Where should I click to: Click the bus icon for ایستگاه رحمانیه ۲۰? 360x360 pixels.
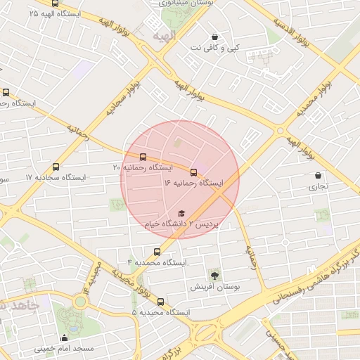point(143,157)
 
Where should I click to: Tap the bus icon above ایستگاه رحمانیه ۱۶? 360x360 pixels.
point(193,172)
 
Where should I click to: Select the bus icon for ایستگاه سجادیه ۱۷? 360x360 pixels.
point(56,167)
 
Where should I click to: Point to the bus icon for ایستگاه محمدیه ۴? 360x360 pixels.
point(157,251)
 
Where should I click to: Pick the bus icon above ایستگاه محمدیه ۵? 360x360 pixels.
point(161,301)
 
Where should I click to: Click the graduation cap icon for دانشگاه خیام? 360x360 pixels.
point(181,213)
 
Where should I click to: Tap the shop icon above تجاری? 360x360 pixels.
point(319,176)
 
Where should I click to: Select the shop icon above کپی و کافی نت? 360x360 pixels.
point(214,37)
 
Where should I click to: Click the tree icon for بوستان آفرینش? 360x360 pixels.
point(214,276)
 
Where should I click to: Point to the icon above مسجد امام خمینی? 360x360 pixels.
point(65,337)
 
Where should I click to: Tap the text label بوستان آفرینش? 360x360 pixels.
point(213,288)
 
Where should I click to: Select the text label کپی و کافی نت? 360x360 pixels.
point(216,48)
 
